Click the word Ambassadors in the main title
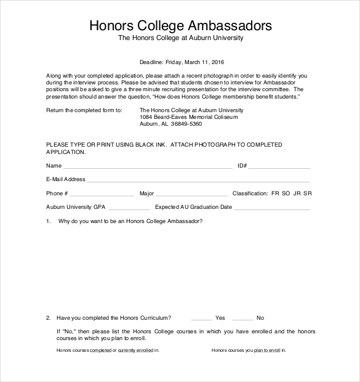tap(229, 26)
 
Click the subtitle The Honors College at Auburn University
tap(181, 38)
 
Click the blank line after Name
tap(148, 168)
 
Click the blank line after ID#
tap(279, 168)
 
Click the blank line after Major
tap(188, 195)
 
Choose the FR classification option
tap(275, 193)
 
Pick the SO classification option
tap(286, 193)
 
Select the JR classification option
tap(297, 193)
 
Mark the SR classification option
tap(308, 193)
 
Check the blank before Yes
tap(201, 320)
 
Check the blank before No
tap(242, 320)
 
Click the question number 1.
tap(48, 221)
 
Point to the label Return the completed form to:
tap(84, 110)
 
